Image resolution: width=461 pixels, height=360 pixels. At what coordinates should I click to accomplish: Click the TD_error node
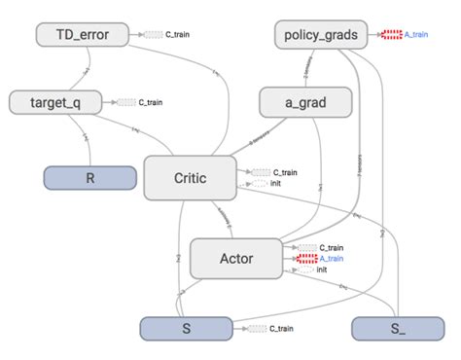pos(83,36)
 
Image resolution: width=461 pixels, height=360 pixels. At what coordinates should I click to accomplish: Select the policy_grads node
pos(321,35)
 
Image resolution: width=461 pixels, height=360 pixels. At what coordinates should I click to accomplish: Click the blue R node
pos(89,179)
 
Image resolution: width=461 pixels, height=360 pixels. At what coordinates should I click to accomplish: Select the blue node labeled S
pos(185,329)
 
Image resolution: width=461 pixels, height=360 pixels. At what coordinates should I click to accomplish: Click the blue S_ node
pos(396,329)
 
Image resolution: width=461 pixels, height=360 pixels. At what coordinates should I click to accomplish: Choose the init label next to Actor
pos(322,270)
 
